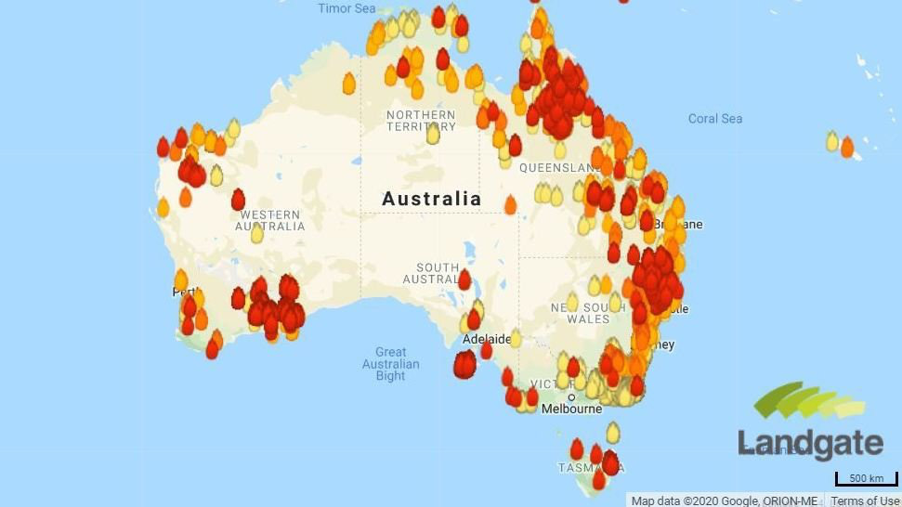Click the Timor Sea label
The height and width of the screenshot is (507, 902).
pos(346,8)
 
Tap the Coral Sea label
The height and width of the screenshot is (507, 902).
pos(715,119)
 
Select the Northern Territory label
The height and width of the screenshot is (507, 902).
pos(421,121)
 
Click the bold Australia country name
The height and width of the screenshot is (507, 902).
pos(432,199)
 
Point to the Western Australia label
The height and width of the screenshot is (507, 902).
pos(269,221)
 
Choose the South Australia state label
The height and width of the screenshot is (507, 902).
pos(432,274)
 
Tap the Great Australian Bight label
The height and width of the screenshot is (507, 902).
pos(390,364)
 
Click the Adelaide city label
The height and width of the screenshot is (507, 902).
pos(487,340)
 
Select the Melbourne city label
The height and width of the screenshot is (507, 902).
pos(571,409)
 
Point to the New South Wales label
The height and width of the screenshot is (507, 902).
pos(581,313)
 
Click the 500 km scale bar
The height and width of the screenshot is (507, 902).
pos(866,479)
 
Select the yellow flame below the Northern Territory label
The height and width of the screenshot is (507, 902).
pos(433,135)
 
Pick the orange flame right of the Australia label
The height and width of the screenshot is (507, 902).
pos(510,204)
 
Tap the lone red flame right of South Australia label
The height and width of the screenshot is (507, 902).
pos(464,279)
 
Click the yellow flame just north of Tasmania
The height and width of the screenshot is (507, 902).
pos(613,432)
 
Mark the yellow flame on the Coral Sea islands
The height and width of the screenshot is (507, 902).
pos(832,141)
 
